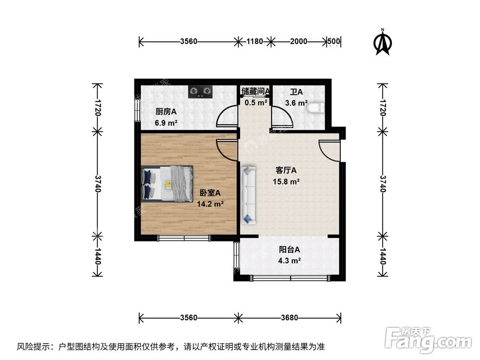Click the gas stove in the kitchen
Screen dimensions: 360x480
point(200,90)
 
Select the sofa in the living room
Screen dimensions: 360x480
point(249,195)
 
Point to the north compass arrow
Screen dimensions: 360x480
point(383,42)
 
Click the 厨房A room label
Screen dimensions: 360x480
point(166,112)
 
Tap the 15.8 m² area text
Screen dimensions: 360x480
point(288,181)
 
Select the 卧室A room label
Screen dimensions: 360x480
point(210,193)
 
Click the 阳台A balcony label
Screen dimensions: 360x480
point(289,250)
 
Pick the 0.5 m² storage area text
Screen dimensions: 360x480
point(256,102)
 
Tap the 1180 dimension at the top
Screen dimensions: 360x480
point(255,41)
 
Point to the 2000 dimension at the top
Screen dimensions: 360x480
point(298,41)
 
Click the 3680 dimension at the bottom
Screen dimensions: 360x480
point(289,317)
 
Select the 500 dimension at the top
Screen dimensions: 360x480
point(334,41)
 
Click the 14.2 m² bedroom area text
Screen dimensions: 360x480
point(210,204)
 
